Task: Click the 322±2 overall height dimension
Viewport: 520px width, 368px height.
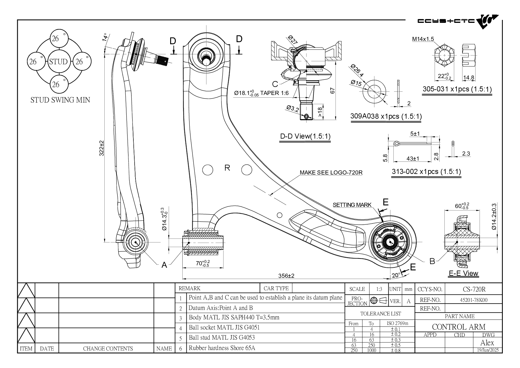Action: tap(101, 148)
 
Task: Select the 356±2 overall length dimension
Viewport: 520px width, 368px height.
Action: tap(286, 276)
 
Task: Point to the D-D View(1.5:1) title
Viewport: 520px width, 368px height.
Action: tap(305, 137)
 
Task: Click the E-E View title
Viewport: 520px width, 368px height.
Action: tap(463, 273)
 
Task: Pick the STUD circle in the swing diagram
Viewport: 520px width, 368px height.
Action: tap(58, 62)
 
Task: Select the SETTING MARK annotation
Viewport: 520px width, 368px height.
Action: tap(352, 205)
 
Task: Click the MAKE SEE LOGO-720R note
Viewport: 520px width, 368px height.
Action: tap(331, 172)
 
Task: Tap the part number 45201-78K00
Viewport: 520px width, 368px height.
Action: tap(473, 300)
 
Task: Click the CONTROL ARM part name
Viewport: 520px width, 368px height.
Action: tap(459, 327)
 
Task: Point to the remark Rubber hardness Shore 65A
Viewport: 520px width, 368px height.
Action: tap(222, 348)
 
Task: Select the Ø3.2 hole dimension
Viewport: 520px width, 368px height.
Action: tap(293, 108)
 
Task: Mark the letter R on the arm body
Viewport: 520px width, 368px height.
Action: tap(227, 168)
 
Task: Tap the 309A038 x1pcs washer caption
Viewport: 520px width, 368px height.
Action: tap(386, 116)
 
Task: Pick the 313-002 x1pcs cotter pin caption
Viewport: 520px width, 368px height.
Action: tap(426, 172)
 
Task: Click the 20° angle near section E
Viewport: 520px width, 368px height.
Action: tap(396, 275)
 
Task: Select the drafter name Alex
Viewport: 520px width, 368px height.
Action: tap(487, 343)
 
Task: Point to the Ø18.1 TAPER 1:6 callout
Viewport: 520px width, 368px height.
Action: tap(261, 93)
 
